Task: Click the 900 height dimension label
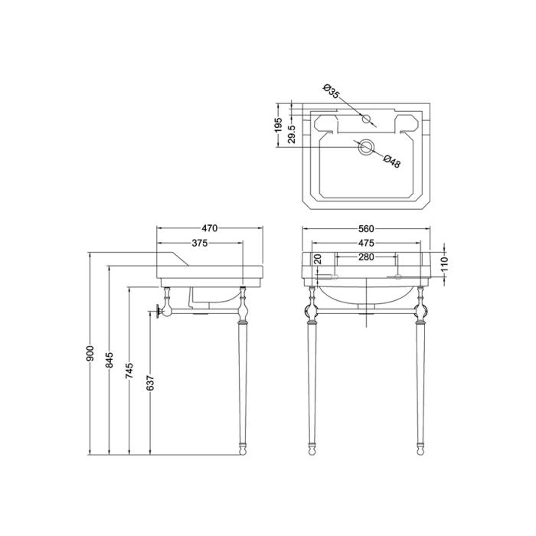pyautogui.click(x=90, y=354)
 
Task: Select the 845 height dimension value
pyautogui.click(x=110, y=361)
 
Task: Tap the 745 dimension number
pyautogui.click(x=129, y=371)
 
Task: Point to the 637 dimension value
pyautogui.click(x=151, y=383)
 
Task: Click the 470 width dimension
pyautogui.click(x=210, y=228)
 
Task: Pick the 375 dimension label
pyautogui.click(x=200, y=243)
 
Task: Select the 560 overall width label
pyautogui.click(x=366, y=228)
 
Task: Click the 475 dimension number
pyautogui.click(x=366, y=243)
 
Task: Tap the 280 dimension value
pyautogui.click(x=366, y=257)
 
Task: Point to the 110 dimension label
pyautogui.click(x=444, y=265)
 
